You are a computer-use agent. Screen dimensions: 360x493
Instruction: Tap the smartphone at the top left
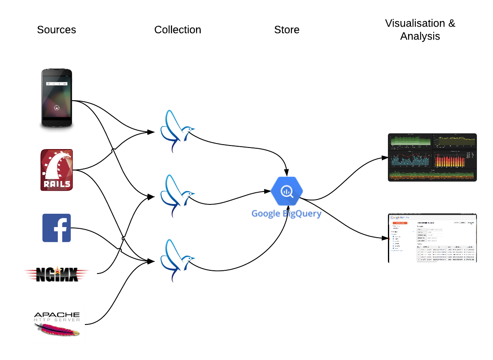[x=57, y=97]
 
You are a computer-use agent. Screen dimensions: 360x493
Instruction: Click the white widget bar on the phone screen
[x=57, y=84]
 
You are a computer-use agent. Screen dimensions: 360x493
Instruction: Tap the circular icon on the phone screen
[x=57, y=108]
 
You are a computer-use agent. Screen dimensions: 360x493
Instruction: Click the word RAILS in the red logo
[x=57, y=184]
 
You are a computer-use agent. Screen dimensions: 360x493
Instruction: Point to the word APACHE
[x=57, y=315]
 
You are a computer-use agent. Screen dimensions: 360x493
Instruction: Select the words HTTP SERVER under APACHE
[x=57, y=320]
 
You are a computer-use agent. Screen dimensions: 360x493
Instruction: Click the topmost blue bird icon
[x=176, y=131]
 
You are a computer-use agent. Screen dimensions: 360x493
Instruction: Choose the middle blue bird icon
[x=176, y=196]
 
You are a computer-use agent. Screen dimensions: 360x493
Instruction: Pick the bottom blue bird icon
[x=176, y=261]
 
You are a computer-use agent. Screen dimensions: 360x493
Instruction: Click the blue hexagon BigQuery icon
[x=287, y=191]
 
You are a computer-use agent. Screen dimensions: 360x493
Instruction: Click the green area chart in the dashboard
[x=410, y=141]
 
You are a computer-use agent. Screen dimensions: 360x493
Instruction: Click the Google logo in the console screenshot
[x=396, y=217]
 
